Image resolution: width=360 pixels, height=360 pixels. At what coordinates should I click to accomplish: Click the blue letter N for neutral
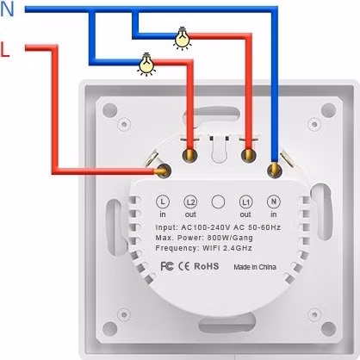[x=7, y=9]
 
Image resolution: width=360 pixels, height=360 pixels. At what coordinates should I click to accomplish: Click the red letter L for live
[x=5, y=50]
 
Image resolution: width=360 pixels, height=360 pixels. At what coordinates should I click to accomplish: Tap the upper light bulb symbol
[x=182, y=39]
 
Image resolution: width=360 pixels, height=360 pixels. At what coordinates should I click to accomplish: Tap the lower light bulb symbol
[x=146, y=65]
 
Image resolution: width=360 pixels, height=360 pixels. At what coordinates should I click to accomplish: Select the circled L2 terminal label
[x=190, y=202]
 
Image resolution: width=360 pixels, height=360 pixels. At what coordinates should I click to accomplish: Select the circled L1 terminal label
[x=246, y=202]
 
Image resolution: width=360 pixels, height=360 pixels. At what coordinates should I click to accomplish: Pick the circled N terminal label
[x=274, y=202]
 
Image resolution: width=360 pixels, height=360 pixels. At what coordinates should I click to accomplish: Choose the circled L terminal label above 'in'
[x=163, y=202]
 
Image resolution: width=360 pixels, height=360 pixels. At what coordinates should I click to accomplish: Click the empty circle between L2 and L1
[x=218, y=202]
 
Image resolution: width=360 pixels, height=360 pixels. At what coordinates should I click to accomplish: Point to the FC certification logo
[x=167, y=266]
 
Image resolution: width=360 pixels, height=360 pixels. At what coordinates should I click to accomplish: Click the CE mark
[x=183, y=266]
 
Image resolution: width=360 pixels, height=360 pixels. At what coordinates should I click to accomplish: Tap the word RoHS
[x=207, y=266]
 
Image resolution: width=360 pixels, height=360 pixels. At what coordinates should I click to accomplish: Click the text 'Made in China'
[x=255, y=267]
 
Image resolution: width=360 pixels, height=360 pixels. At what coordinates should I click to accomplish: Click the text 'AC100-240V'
[x=206, y=227]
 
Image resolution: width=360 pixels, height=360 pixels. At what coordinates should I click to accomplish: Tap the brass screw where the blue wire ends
[x=274, y=171]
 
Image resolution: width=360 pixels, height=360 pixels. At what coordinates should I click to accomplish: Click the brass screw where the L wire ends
[x=164, y=171]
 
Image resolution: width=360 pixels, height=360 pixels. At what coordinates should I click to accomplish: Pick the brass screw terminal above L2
[x=189, y=155]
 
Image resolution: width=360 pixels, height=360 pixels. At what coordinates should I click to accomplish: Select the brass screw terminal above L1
[x=248, y=155]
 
